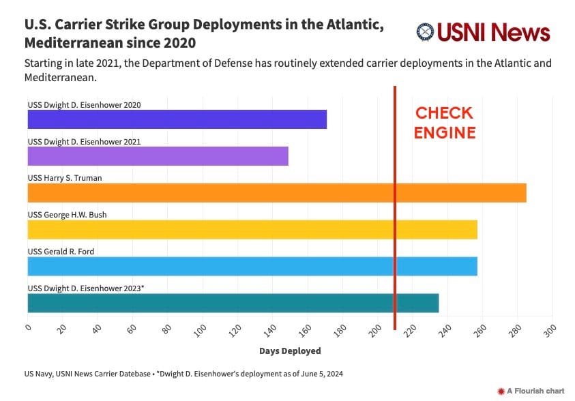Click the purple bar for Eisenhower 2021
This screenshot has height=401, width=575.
coord(158,156)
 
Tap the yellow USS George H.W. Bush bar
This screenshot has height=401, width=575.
coord(252,230)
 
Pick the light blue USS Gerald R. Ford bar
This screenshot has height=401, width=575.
coord(252,266)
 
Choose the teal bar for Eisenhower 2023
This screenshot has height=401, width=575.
coord(233,303)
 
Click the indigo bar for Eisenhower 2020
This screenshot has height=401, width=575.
coord(177,119)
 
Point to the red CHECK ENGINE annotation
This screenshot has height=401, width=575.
coord(444,123)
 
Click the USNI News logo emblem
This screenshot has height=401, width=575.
coord(426,33)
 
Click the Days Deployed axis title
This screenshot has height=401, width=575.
coord(290,351)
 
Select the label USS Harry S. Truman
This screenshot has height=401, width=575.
coord(65,178)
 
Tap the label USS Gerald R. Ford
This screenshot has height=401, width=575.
coord(61,251)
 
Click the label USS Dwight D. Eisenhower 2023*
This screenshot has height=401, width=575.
coord(85,288)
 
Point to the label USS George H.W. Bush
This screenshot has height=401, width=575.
coord(67,215)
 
